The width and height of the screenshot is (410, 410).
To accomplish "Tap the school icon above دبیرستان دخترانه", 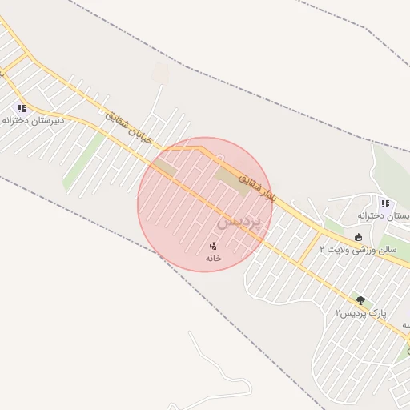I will pos(22,107).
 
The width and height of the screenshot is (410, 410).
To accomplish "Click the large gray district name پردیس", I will pos(239,220).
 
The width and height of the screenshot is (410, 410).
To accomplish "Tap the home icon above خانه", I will pos(213,246).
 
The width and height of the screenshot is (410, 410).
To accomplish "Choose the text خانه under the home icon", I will pos(213,258).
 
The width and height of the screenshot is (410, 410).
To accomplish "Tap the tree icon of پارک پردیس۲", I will pos(360,300).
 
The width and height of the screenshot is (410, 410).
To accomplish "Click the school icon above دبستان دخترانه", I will pos(385,203).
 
